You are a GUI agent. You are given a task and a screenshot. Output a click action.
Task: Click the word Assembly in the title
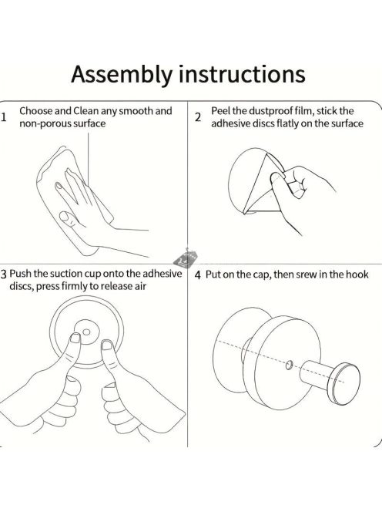121,75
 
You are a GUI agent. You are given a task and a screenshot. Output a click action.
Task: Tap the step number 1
4,117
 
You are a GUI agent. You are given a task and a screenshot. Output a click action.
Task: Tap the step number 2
198,117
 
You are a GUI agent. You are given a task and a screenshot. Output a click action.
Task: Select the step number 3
4,275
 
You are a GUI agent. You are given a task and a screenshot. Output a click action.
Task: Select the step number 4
198,275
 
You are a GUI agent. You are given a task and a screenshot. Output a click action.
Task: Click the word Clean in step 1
85,111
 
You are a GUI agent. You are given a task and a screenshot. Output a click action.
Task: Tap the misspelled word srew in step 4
306,275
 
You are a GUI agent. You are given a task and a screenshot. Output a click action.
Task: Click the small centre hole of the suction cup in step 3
86,332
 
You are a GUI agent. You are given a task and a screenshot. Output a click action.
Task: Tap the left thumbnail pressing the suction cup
75,338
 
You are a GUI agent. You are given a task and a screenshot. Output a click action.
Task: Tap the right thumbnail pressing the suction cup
107,345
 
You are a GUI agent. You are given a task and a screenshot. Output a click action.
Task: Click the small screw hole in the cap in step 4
289,365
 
